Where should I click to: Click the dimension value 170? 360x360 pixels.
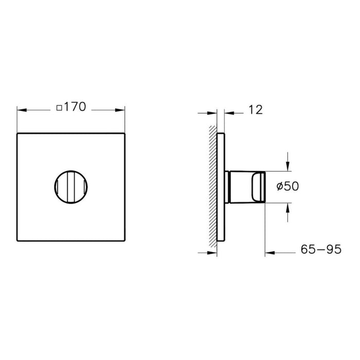coord(76,109)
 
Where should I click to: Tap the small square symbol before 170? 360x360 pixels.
coord(59,109)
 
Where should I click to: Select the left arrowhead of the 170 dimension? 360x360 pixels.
coord(21,109)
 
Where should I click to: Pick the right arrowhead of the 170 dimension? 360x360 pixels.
coord(122,109)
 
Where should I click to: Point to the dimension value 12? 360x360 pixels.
coord(256,109)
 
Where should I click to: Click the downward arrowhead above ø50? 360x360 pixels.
coord(287,165)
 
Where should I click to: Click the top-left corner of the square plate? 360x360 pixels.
coord(17,133)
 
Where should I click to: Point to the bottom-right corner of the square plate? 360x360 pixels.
coord(125,241)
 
